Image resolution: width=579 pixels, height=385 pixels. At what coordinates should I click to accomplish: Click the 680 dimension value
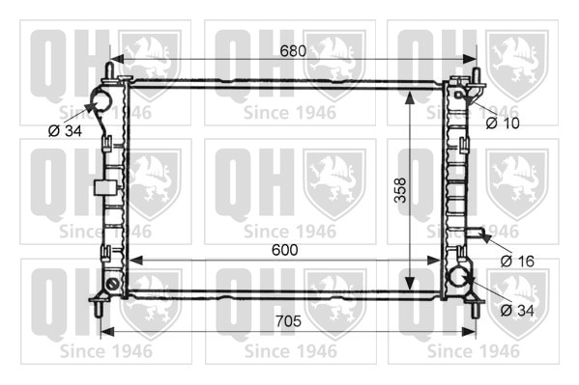(x=293, y=51)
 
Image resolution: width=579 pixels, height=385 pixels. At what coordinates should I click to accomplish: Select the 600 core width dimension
(x=285, y=250)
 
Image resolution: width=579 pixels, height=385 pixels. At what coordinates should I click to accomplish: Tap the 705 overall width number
(x=288, y=320)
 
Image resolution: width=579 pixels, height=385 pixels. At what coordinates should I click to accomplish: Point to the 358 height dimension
(x=400, y=190)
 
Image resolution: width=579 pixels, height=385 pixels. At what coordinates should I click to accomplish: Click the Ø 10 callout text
(x=503, y=124)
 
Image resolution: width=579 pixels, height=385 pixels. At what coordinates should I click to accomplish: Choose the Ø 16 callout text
(x=517, y=261)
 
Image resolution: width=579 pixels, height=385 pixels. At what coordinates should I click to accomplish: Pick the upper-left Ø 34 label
(x=65, y=130)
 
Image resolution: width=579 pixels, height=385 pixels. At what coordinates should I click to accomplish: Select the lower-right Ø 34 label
(x=517, y=311)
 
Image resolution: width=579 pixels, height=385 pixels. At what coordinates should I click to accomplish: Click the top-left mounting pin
(x=109, y=70)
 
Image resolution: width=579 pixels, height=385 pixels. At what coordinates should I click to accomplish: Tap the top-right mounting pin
(x=477, y=76)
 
